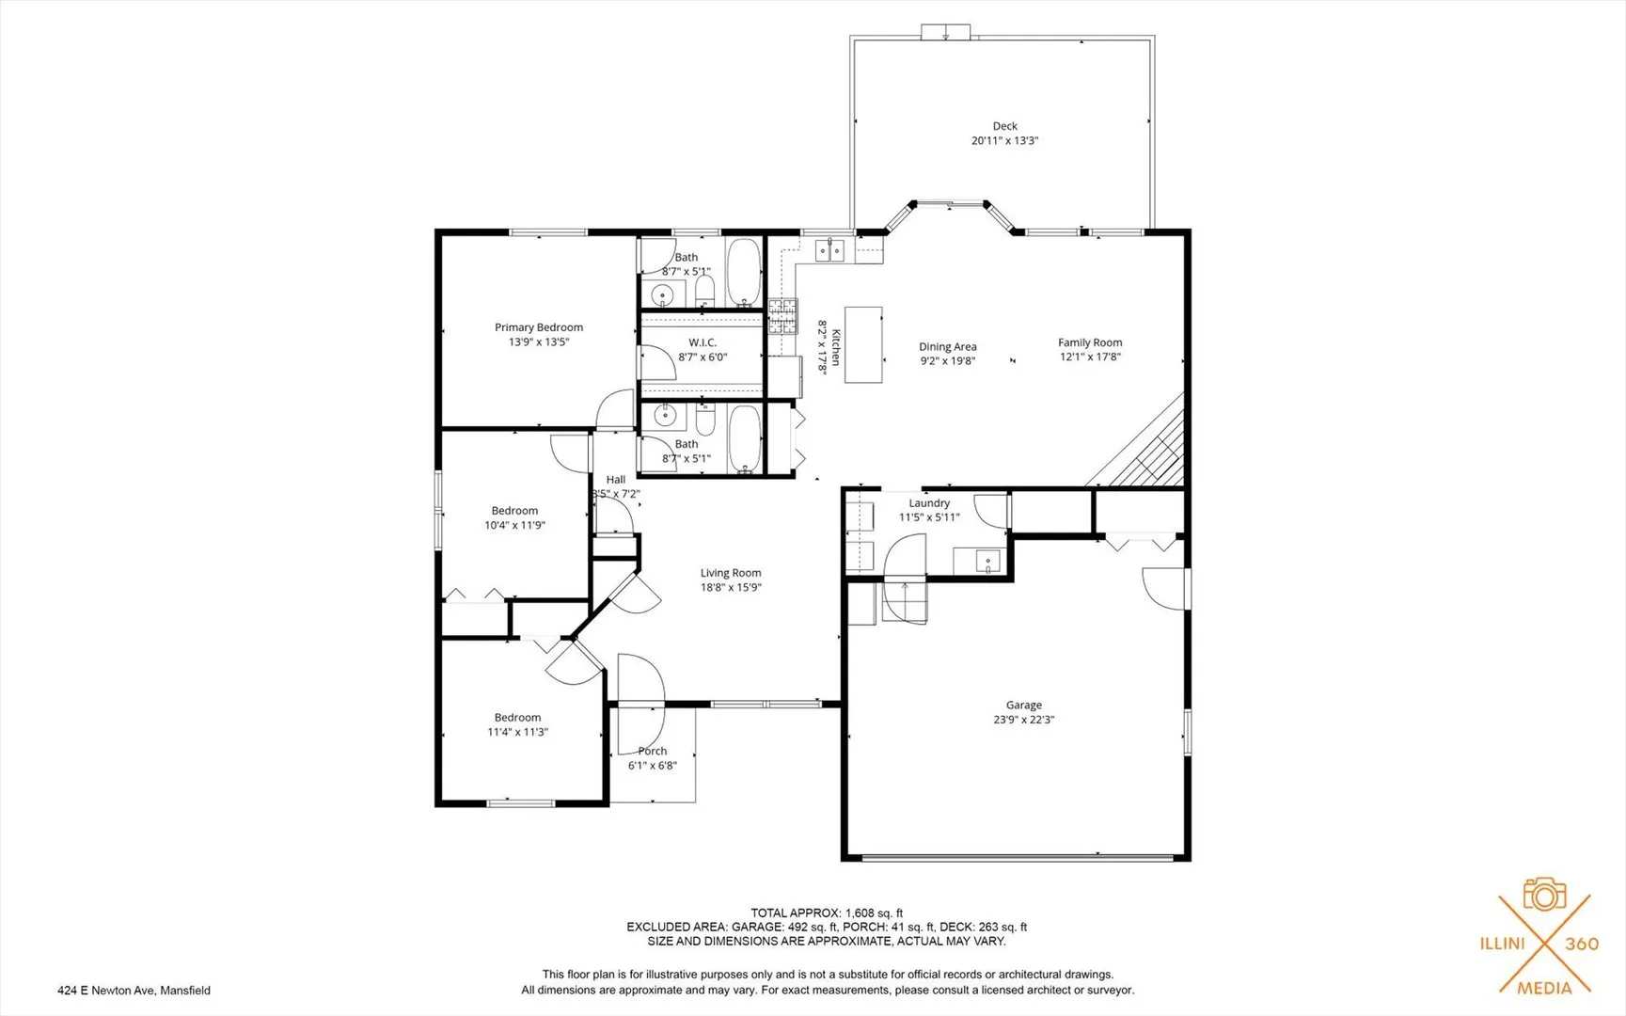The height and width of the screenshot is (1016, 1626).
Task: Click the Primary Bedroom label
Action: [x=539, y=327]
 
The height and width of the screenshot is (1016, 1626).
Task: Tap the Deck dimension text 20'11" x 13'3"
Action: [x=1004, y=141]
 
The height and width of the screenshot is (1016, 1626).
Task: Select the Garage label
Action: [x=1024, y=705]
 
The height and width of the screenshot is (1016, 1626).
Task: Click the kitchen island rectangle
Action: [x=863, y=344]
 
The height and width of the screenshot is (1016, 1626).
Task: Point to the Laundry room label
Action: [x=929, y=503]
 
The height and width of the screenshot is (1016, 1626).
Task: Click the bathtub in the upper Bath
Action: [x=744, y=273]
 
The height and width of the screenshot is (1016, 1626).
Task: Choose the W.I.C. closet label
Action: [x=702, y=342]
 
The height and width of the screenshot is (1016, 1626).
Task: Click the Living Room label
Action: [x=731, y=573]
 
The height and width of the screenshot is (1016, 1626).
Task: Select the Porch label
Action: [x=653, y=751]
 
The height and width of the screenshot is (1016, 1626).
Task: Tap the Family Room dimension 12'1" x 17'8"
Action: [x=1090, y=357]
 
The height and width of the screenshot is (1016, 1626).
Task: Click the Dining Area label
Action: [x=948, y=347]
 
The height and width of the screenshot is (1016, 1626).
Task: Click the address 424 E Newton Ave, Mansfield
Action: [x=134, y=990]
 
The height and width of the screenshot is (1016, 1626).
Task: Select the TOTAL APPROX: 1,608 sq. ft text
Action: [x=827, y=913]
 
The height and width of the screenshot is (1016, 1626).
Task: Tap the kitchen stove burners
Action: [x=782, y=317]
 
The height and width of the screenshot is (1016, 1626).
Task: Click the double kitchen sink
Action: [x=830, y=250]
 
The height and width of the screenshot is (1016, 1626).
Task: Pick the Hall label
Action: [x=616, y=480]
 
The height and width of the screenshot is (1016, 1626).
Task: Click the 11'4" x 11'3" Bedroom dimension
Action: [x=517, y=732]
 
